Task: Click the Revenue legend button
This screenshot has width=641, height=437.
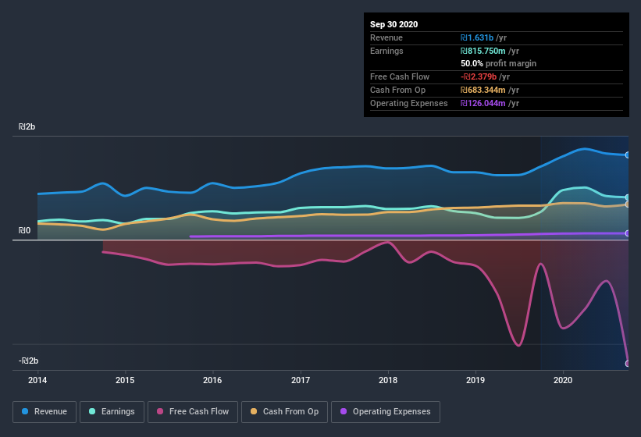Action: click(45, 411)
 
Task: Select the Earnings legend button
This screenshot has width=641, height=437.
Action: click(112, 411)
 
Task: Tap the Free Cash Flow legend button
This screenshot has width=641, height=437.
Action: click(192, 411)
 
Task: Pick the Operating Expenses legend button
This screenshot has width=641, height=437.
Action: click(385, 411)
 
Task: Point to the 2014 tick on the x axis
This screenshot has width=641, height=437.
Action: click(37, 381)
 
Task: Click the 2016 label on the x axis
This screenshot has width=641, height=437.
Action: click(212, 381)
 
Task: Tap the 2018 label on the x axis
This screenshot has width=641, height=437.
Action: click(388, 381)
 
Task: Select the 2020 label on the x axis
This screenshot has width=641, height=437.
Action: click(563, 381)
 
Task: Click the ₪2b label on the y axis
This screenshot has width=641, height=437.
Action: click(28, 126)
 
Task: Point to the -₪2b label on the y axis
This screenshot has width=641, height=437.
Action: click(29, 361)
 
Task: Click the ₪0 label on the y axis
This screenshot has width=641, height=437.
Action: click(25, 231)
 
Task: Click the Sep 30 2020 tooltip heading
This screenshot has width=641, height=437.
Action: click(394, 24)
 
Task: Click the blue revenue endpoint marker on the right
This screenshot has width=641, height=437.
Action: click(627, 155)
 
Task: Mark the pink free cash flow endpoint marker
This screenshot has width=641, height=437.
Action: click(627, 363)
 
